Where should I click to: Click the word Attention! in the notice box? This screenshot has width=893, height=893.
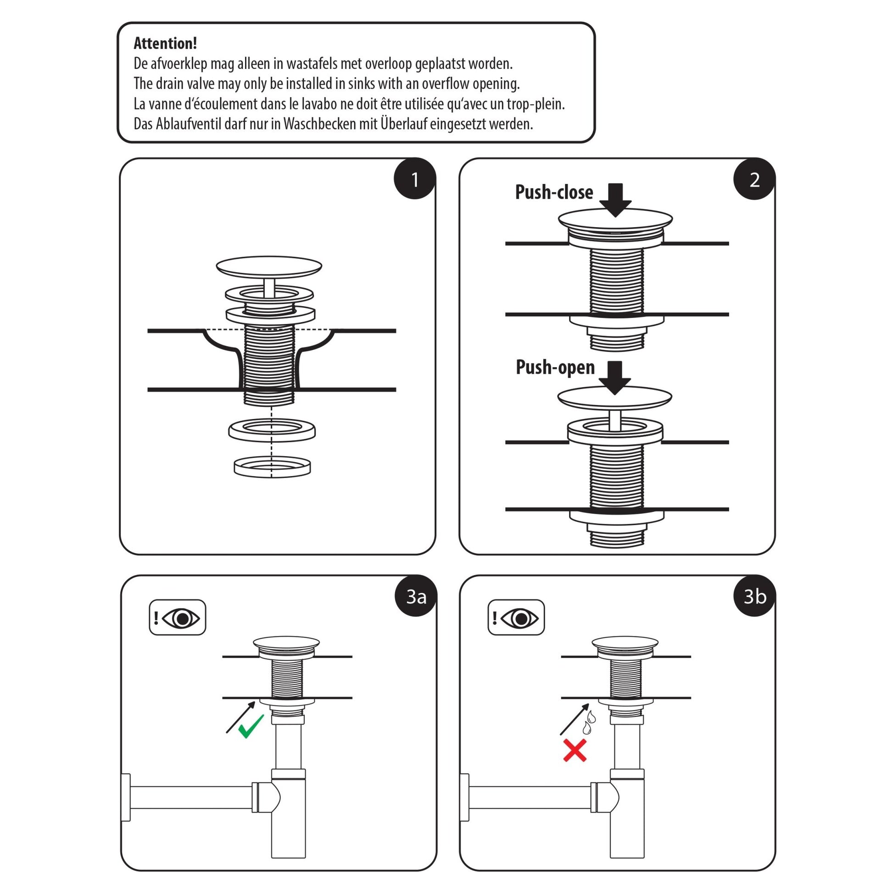click(165, 44)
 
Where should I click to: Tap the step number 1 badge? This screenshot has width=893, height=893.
click(415, 179)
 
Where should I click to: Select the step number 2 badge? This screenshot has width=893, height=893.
click(754, 179)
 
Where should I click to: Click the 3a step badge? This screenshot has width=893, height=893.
click(416, 596)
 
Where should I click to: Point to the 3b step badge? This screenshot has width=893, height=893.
click(754, 596)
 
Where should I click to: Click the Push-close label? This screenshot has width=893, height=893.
click(554, 192)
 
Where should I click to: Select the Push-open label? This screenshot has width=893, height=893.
click(555, 368)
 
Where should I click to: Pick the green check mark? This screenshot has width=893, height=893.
click(251, 726)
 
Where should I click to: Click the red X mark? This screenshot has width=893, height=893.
click(575, 750)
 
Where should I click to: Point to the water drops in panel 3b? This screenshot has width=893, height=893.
click(589, 723)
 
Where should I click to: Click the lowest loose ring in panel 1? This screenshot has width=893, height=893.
click(272, 467)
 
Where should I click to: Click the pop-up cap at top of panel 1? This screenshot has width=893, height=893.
click(268, 266)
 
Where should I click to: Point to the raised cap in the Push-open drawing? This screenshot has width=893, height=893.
click(614, 397)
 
